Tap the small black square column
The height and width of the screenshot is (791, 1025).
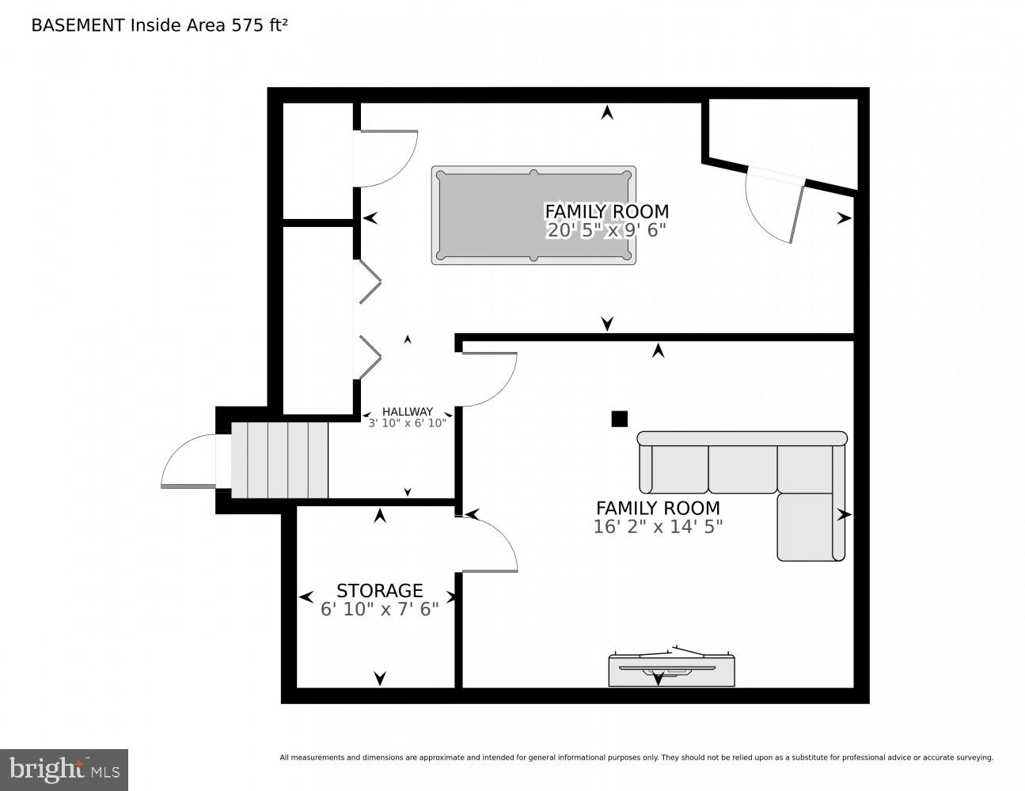(619, 419)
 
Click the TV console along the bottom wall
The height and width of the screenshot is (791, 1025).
(671, 669)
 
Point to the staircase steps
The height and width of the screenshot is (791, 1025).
(279, 460)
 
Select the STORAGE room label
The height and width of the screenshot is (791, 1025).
(379, 591)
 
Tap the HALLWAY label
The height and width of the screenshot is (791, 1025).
(407, 411)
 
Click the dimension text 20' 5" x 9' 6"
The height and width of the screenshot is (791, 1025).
(606, 231)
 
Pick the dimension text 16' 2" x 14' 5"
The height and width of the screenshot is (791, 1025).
(657, 527)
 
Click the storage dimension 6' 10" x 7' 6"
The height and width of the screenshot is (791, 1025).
(379, 610)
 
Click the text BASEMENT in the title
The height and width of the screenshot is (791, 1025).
(78, 25)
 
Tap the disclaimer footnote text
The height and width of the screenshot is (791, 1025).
(636, 758)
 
